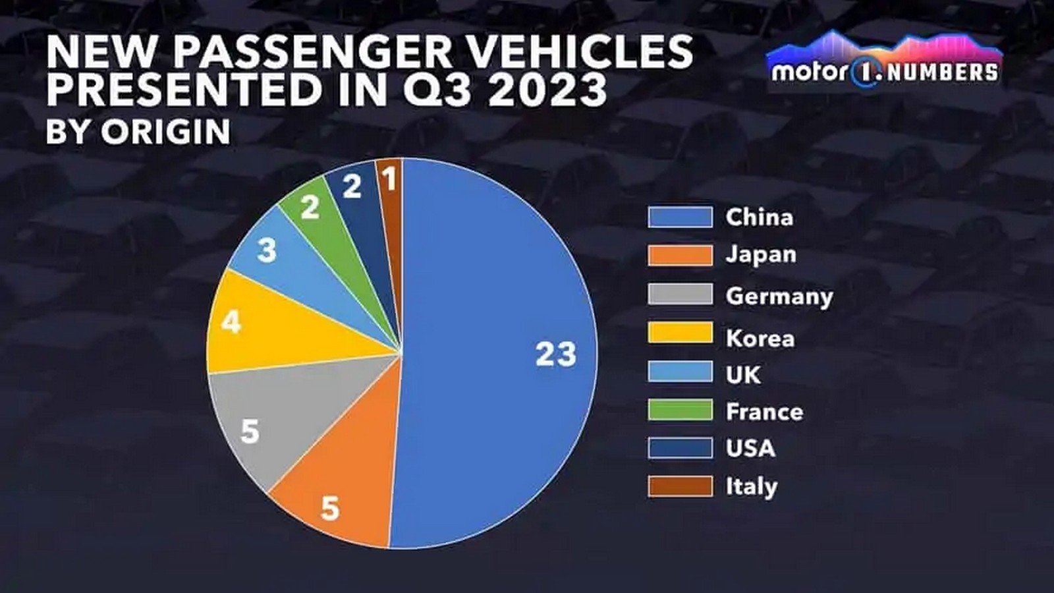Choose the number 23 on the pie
[555, 354]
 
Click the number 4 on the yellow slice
[231, 323]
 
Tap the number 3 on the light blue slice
[266, 250]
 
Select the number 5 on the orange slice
[330, 508]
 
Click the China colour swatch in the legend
[680, 217]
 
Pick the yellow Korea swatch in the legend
[680, 333]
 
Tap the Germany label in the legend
[779, 296]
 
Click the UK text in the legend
[743, 375]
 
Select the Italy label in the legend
[752, 487]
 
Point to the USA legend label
[750, 449]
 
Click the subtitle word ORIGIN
[165, 132]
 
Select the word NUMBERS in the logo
[942, 72]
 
